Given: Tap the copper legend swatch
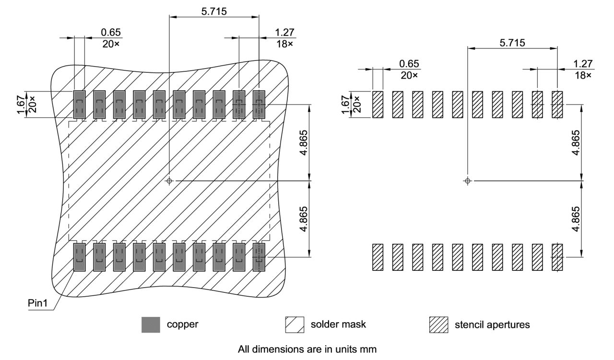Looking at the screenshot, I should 151,325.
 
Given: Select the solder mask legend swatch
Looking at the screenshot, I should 295,325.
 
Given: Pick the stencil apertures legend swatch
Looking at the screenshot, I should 438,325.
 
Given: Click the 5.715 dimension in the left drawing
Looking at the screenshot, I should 214,10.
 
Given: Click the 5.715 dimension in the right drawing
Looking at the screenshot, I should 512,42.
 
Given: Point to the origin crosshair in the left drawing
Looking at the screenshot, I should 169,181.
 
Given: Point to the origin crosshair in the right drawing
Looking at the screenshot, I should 468,181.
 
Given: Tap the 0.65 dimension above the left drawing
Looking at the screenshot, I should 111,32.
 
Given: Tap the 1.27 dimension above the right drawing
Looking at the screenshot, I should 583,64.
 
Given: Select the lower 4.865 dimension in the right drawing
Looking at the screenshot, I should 577,219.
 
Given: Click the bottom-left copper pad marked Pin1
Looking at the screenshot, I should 79,257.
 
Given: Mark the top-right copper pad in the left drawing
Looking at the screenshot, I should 259,105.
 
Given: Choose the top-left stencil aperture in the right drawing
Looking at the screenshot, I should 378,104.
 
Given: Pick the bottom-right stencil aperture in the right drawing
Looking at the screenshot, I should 557,257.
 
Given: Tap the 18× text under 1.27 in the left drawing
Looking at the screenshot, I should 284,44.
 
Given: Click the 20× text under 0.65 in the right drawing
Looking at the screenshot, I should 409,75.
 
